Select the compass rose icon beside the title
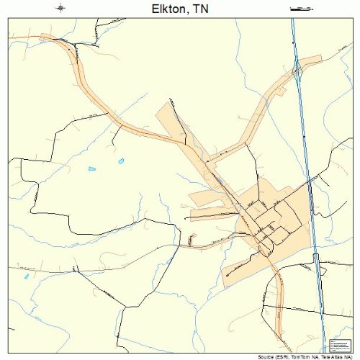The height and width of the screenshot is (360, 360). click(x=60, y=8)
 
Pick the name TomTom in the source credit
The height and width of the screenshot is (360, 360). click(x=303, y=356)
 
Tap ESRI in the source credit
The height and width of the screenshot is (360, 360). click(x=284, y=356)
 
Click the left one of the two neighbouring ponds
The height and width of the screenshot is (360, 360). click(x=92, y=168)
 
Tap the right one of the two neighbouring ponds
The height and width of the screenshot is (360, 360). click(x=121, y=160)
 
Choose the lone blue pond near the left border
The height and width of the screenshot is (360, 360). click(x=27, y=276)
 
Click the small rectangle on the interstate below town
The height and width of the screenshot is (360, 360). click(x=315, y=257)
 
